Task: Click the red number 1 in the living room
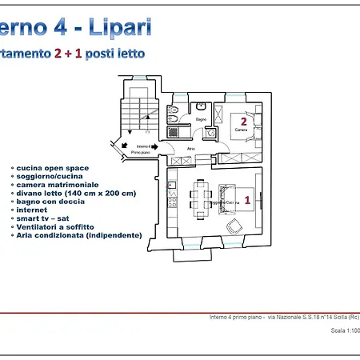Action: coord(247,202)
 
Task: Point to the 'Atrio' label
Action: coord(191,148)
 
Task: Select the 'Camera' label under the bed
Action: coord(240,130)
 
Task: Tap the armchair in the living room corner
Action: coord(234,227)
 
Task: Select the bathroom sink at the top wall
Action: coord(202,106)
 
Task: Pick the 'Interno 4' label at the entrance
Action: coord(145,146)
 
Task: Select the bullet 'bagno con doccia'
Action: coord(49,202)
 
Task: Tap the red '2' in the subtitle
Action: coord(58,54)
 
